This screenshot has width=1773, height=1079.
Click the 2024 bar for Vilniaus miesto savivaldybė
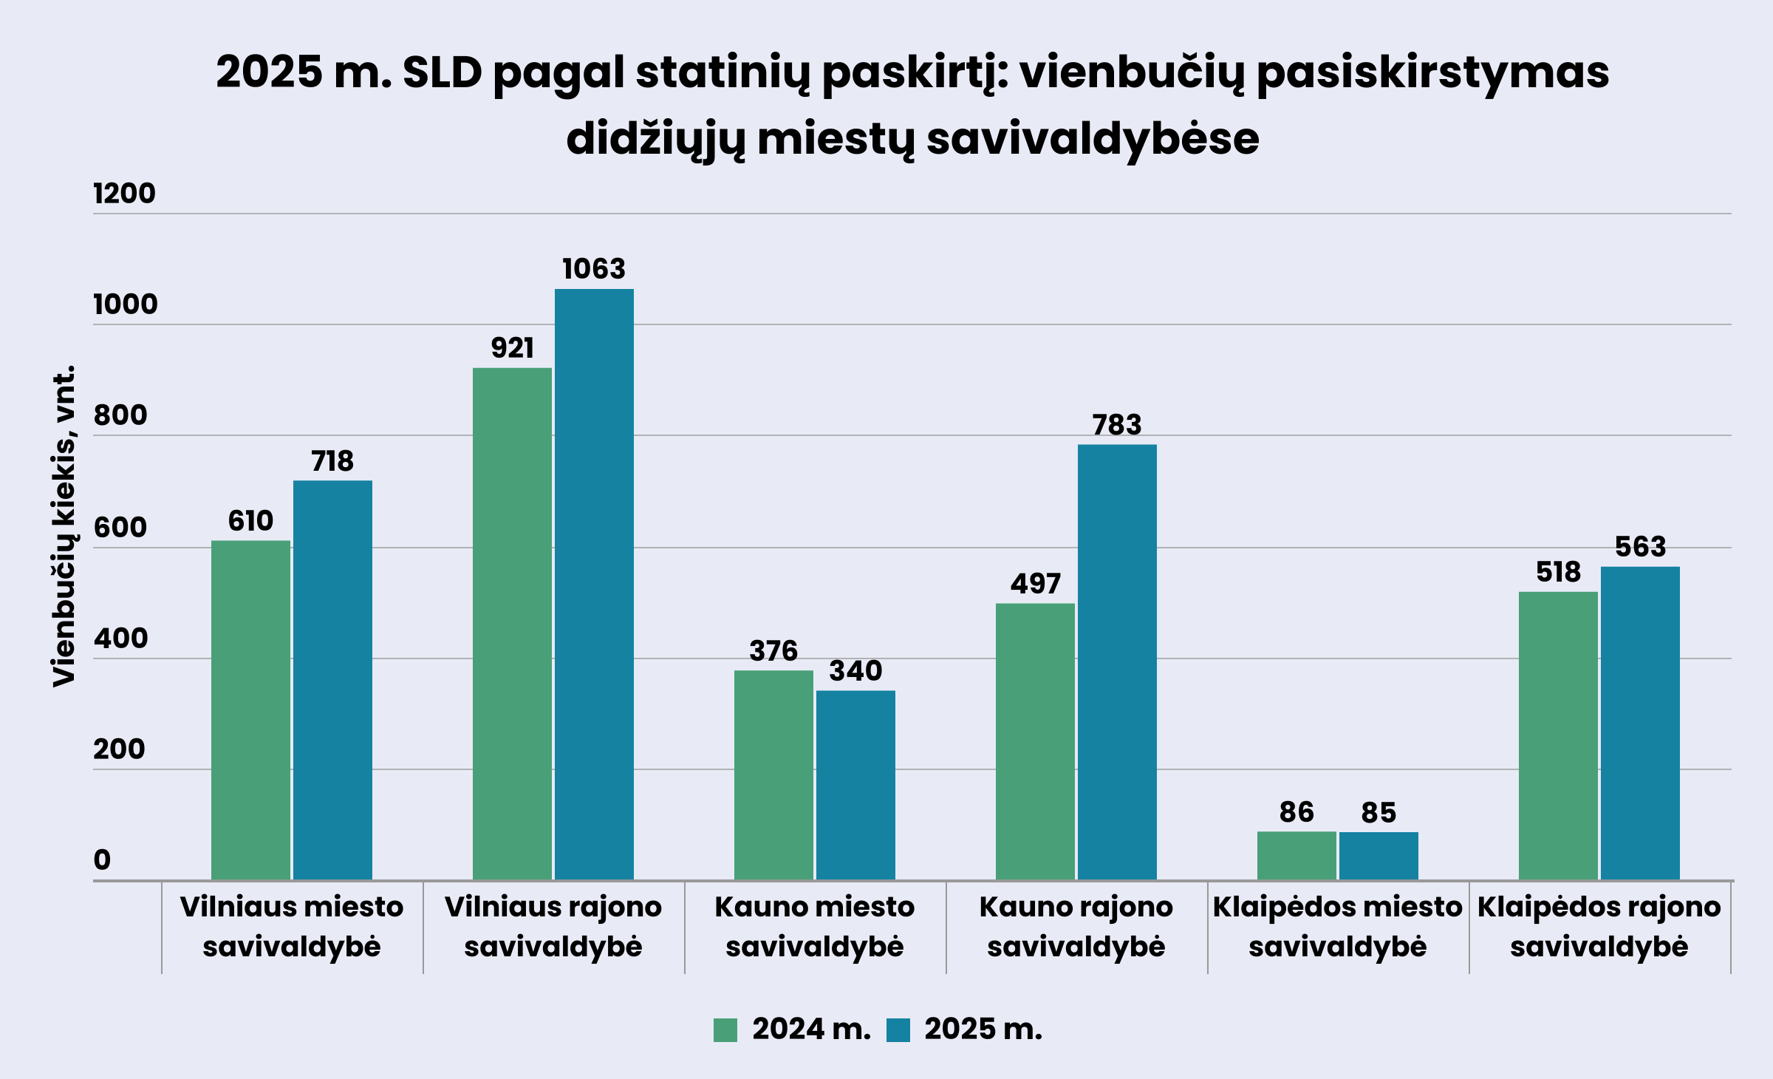coord(250,709)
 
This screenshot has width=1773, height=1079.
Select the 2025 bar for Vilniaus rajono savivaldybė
coord(594,584)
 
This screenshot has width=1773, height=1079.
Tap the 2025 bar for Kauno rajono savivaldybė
coord(1117,661)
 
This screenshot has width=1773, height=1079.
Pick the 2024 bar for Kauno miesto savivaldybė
coord(773,775)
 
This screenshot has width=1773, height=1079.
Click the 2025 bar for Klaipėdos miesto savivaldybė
coord(1379,856)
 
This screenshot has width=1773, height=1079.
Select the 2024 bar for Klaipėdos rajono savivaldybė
coord(1558,735)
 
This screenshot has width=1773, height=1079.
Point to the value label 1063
coord(594,269)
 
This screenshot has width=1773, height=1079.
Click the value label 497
coord(1035,584)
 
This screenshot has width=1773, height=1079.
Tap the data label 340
coord(855,671)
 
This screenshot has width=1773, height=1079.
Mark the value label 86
coord(1297,812)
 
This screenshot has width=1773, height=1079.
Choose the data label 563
coord(1640,547)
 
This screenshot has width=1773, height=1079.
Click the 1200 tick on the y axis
coord(124,194)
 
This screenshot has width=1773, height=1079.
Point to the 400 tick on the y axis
coord(120,639)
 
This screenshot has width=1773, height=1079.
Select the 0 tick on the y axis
coord(102,860)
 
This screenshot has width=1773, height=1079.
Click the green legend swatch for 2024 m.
coord(725,1030)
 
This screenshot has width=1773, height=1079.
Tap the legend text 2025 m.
coord(983,1029)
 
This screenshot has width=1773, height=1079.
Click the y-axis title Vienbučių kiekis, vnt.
coord(64,525)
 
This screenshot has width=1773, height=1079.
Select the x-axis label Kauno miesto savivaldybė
coord(815,927)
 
